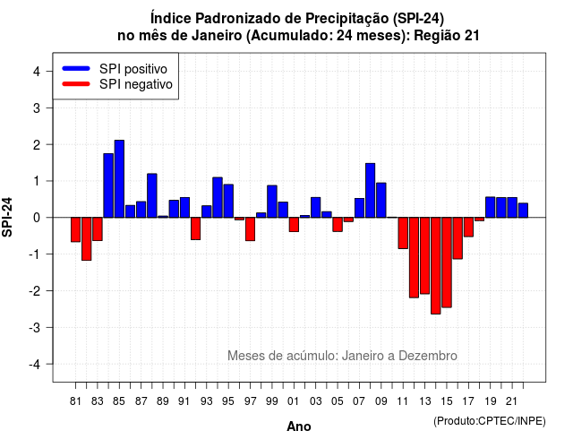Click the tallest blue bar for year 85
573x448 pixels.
pos(119,179)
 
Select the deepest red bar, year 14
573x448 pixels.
pos(436,265)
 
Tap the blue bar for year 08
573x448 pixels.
pos(370,191)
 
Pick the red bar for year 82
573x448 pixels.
pos(87,239)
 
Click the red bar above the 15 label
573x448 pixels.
pos(447,263)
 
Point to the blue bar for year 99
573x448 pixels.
pos(272,202)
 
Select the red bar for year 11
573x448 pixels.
pos(403,233)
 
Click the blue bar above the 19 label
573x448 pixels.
pos(491,207)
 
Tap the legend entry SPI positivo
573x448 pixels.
pos(133,69)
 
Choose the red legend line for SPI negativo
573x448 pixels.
pos(76,84)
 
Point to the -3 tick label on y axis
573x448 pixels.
pos(36,328)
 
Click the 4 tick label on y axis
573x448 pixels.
pos(37,72)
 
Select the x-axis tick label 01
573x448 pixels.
pos(293,401)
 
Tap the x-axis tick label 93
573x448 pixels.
pos(206,401)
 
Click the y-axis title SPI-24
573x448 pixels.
pos(7,217)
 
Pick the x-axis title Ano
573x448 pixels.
pos(299,426)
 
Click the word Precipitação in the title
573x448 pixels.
pos(347,18)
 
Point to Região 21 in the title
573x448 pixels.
pos(447,36)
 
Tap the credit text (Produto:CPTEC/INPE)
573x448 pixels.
pos(490,421)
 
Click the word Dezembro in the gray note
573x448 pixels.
pos(428,356)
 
